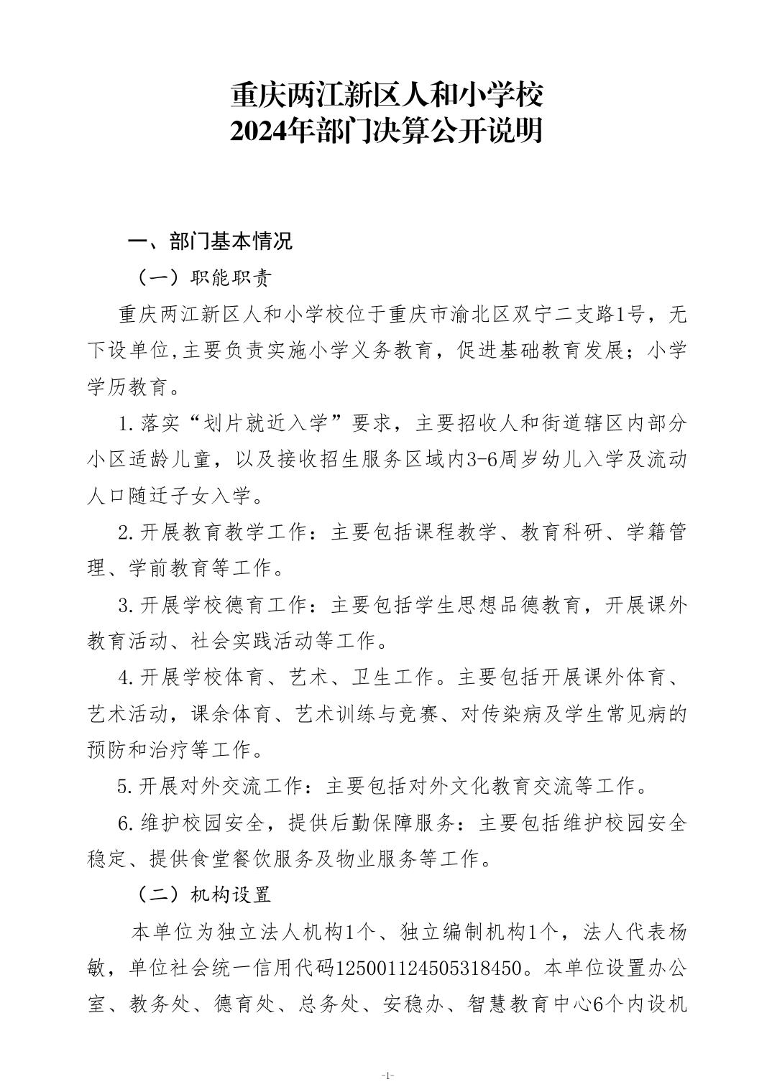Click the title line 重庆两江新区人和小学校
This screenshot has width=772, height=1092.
coord(386,94)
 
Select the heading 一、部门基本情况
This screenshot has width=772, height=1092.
coord(210,241)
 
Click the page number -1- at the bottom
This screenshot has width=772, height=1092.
coord(387,1076)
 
